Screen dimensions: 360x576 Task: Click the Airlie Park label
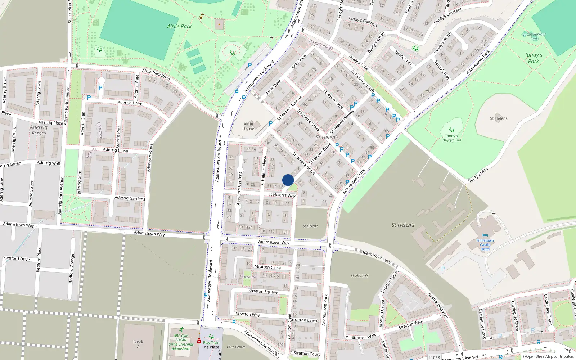pos(179,26)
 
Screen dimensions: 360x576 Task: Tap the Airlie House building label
pos(248,126)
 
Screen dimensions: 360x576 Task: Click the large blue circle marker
pos(288,180)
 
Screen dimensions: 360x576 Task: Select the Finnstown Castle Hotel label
pos(485,245)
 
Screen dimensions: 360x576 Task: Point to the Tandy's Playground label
pos(451,138)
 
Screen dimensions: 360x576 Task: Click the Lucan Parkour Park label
pos(534,36)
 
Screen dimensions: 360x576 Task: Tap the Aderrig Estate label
pos(39,130)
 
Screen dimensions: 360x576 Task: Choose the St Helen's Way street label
pos(282,195)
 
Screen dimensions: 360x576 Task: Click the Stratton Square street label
pos(263,291)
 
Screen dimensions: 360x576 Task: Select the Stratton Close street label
pos(267,267)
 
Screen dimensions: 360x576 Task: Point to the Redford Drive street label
pos(17,259)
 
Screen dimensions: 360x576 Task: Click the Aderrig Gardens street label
pos(130,198)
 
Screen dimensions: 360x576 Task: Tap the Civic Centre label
pos(236,347)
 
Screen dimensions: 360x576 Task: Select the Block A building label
pos(138,344)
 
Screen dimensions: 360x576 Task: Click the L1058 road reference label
pos(434,357)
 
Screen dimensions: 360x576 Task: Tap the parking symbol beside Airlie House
pos(271,123)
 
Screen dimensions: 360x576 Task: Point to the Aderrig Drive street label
pos(130,103)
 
